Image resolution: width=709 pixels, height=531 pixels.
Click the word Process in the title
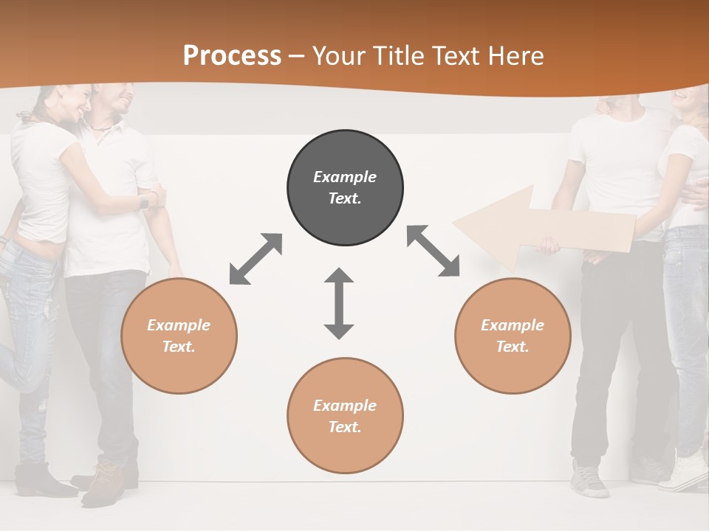232,56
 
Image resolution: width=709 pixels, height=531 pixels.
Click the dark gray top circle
345,188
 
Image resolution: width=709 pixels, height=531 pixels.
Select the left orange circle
179,336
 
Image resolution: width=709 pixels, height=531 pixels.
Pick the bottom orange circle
345,416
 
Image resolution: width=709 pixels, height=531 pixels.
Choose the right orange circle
513,336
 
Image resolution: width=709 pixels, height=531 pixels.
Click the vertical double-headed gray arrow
339,304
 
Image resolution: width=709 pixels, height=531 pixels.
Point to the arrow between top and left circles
256,259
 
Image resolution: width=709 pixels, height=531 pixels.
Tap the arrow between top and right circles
434,251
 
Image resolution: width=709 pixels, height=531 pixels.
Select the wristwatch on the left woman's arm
144,201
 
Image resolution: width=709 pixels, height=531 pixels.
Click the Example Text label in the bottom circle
345,416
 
